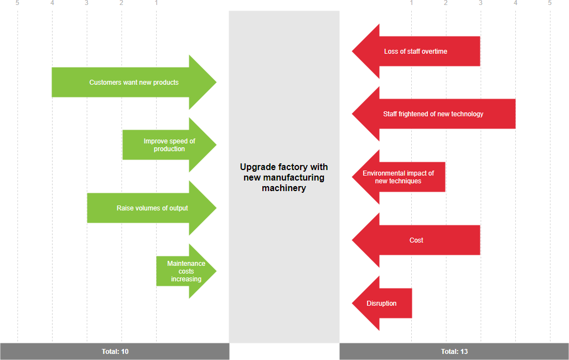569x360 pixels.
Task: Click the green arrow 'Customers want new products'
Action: point(134,83)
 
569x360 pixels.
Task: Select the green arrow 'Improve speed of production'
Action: point(169,145)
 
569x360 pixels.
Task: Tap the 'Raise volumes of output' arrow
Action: point(152,208)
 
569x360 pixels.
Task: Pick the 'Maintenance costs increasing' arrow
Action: point(186,271)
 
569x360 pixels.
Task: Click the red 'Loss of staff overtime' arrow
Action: point(416,52)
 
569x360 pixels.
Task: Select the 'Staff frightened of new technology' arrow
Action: point(433,114)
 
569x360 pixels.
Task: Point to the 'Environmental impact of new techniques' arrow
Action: point(399,177)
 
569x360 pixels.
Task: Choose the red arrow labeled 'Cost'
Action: point(416,240)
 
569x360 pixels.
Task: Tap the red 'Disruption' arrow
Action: point(382,304)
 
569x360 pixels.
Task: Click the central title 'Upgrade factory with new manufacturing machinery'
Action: point(284,177)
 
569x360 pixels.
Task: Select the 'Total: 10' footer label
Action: point(115,352)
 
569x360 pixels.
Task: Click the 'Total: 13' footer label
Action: point(454,352)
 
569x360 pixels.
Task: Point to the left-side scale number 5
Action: point(18,3)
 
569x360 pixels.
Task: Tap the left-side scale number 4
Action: point(52,3)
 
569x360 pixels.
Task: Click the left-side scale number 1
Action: point(156,3)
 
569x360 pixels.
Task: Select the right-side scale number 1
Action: point(411,3)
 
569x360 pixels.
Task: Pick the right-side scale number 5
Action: point(550,3)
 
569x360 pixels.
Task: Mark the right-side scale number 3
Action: point(480,3)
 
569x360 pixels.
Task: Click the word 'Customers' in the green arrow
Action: point(104,83)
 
